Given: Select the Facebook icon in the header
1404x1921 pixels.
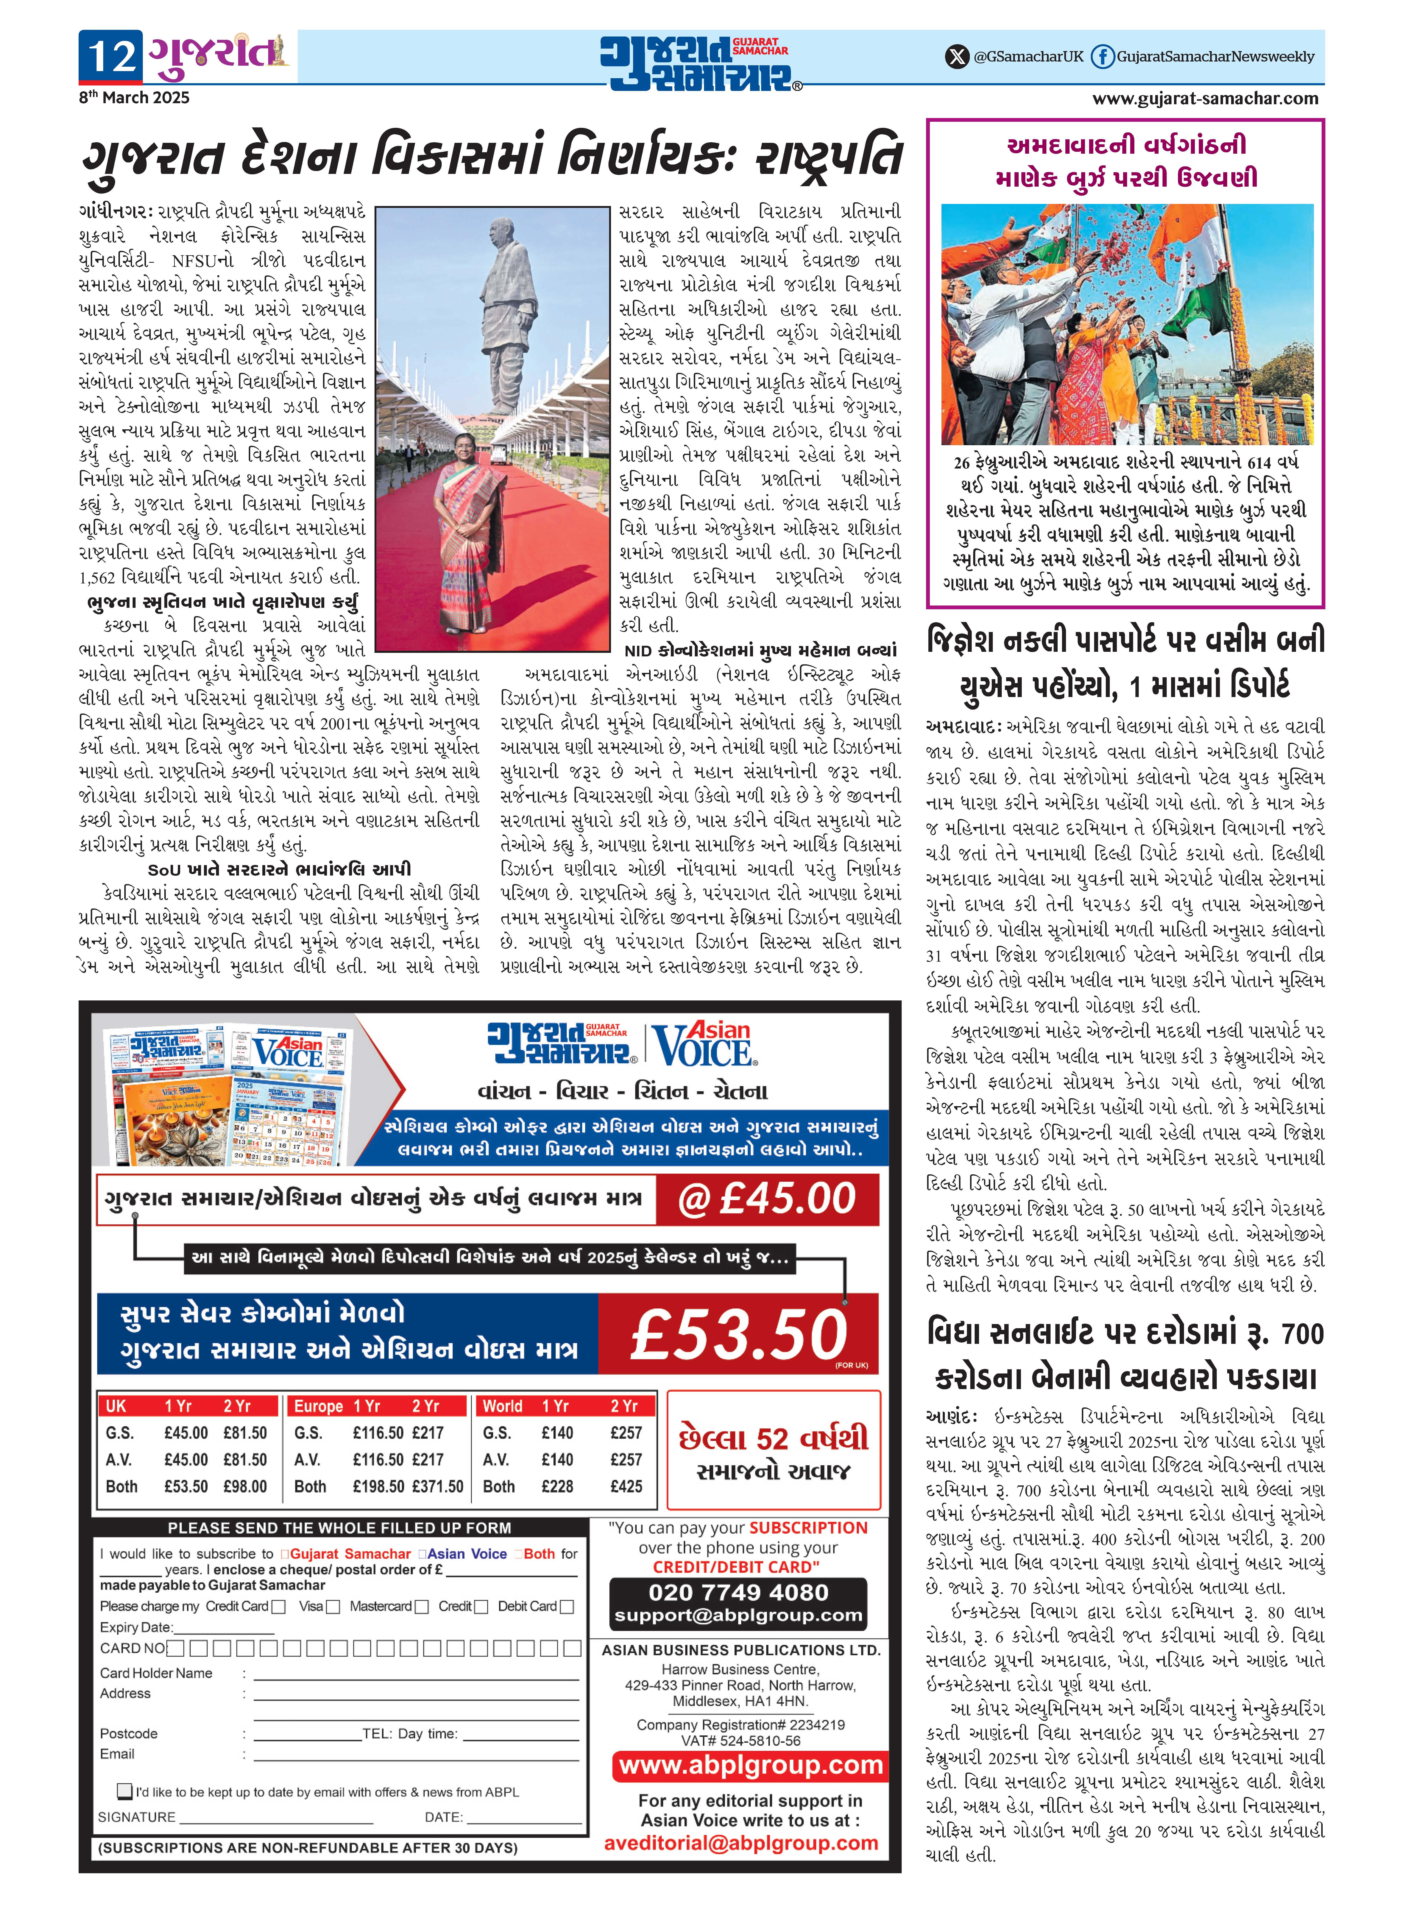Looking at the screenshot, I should tap(1102, 57).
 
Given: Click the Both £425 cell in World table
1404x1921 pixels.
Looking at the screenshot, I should tap(626, 1486).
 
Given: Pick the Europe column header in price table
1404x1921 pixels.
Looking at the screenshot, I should tap(318, 1406).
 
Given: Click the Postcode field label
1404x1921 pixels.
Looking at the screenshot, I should tap(128, 1733).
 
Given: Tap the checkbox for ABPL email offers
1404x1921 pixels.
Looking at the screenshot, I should tap(125, 1792).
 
